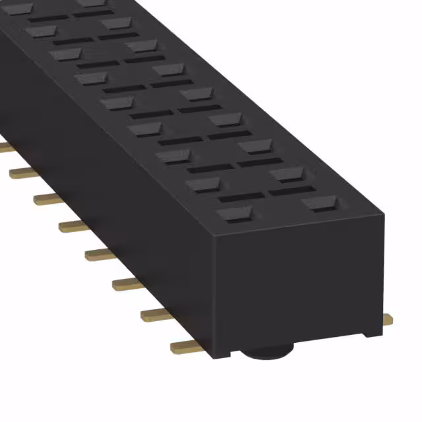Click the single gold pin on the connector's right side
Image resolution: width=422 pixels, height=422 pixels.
click(388, 320)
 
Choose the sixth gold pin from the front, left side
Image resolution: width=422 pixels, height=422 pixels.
click(48, 198)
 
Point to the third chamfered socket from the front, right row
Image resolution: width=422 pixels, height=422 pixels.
click(254, 146)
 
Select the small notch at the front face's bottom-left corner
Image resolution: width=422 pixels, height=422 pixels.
click(224, 351)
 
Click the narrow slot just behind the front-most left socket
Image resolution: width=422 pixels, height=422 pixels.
click(241, 197)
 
